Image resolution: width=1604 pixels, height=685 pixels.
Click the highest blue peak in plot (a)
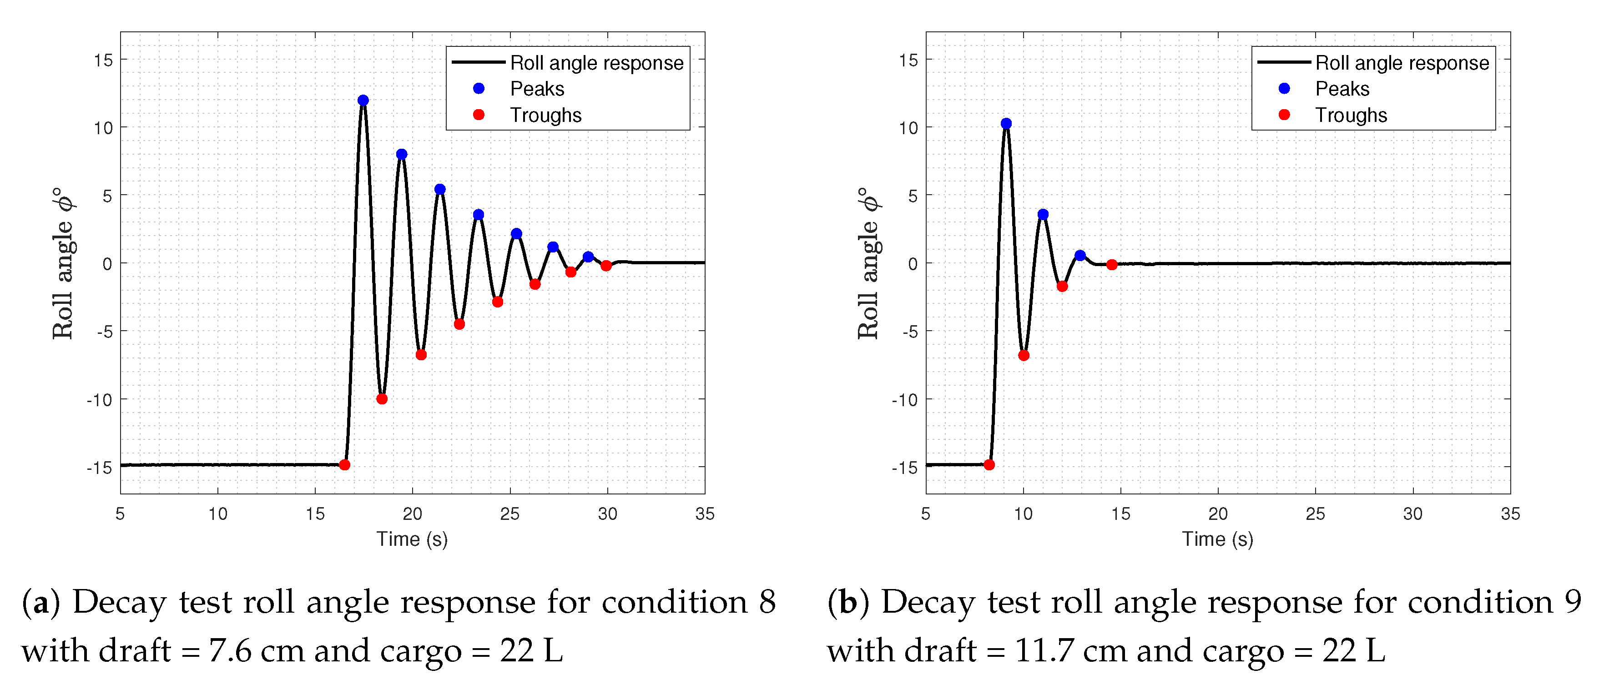click(x=363, y=100)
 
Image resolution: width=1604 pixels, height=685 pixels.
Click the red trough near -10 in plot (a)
click(x=382, y=398)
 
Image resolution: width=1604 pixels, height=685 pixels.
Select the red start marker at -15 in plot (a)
click(x=344, y=464)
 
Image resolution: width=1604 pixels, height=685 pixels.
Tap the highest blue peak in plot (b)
click(x=1006, y=123)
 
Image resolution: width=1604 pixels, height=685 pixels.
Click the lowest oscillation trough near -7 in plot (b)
click(x=1024, y=355)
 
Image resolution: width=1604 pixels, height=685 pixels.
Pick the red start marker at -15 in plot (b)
click(x=989, y=464)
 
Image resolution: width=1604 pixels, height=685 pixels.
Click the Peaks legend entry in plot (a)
click(x=537, y=88)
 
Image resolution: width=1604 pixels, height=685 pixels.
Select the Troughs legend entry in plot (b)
click(x=1351, y=115)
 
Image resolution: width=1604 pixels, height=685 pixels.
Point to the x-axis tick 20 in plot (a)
click(x=412, y=514)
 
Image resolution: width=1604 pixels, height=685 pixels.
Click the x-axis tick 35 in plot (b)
click(x=1510, y=514)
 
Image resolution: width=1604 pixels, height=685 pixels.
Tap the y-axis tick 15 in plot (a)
click(x=103, y=60)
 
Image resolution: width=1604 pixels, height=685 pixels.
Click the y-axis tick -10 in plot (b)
click(x=904, y=400)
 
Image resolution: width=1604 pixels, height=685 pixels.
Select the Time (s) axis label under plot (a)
click(x=412, y=539)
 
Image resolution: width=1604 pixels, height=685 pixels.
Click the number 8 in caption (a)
click(x=767, y=602)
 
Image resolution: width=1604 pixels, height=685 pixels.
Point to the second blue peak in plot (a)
click(x=402, y=154)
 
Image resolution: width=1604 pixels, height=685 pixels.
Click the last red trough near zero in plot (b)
click(x=1111, y=265)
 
